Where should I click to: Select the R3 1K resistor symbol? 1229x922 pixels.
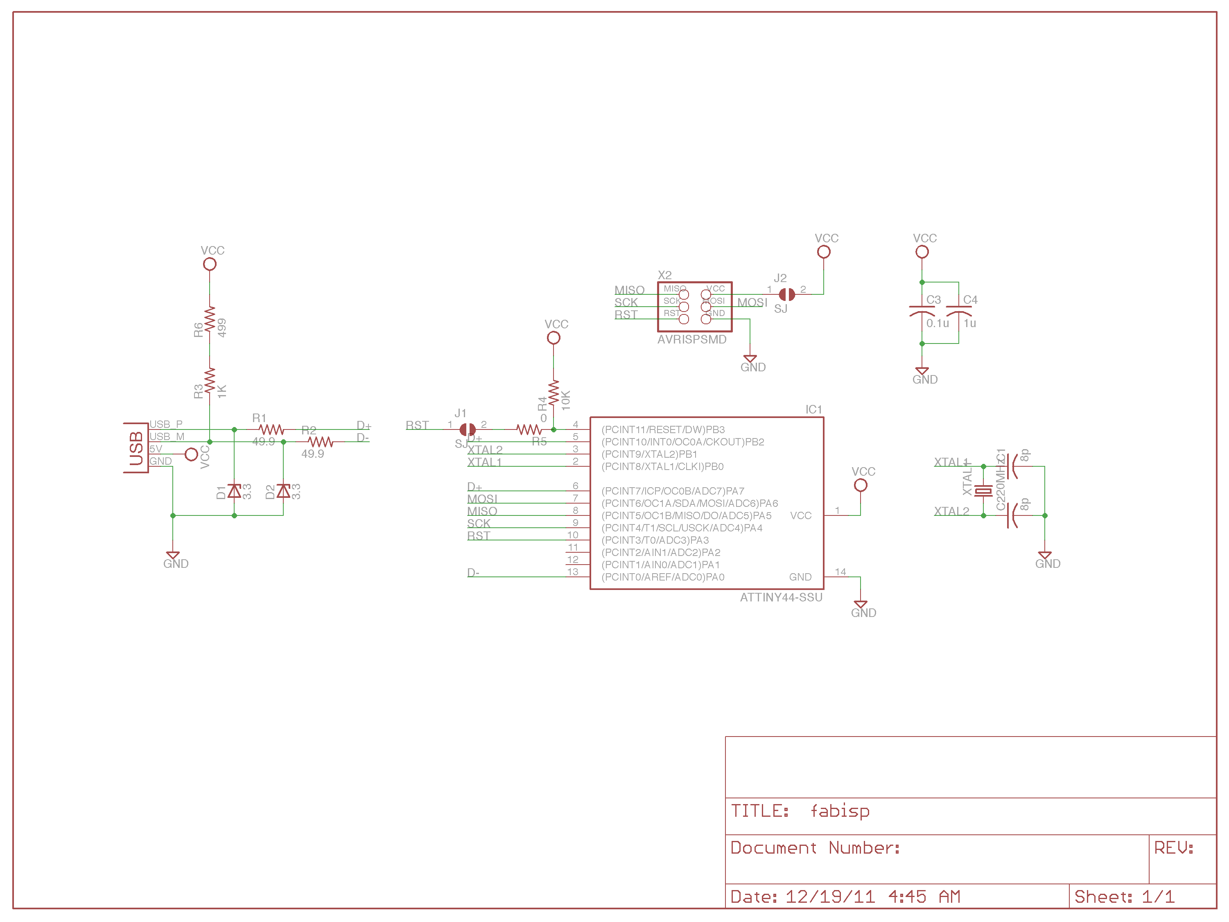click(x=210, y=381)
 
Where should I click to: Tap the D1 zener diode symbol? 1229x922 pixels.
click(x=235, y=491)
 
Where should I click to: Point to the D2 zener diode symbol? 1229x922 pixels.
click(x=283, y=491)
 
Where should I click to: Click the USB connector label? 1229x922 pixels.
click(x=136, y=448)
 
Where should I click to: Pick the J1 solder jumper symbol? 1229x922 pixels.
click(x=467, y=429)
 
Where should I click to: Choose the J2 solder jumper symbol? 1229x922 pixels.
click(x=786, y=294)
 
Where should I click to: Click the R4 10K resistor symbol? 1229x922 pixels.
click(x=554, y=393)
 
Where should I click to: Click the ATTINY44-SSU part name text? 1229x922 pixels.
click(x=781, y=597)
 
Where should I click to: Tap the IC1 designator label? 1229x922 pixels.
click(x=813, y=409)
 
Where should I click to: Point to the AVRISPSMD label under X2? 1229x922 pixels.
click(x=692, y=339)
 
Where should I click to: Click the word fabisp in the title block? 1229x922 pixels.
click(x=840, y=811)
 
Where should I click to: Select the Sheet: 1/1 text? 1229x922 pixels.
click(x=1124, y=897)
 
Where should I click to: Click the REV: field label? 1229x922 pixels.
click(x=1173, y=847)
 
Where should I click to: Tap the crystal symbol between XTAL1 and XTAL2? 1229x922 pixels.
click(x=983, y=491)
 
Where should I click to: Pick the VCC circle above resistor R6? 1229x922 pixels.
click(x=210, y=264)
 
